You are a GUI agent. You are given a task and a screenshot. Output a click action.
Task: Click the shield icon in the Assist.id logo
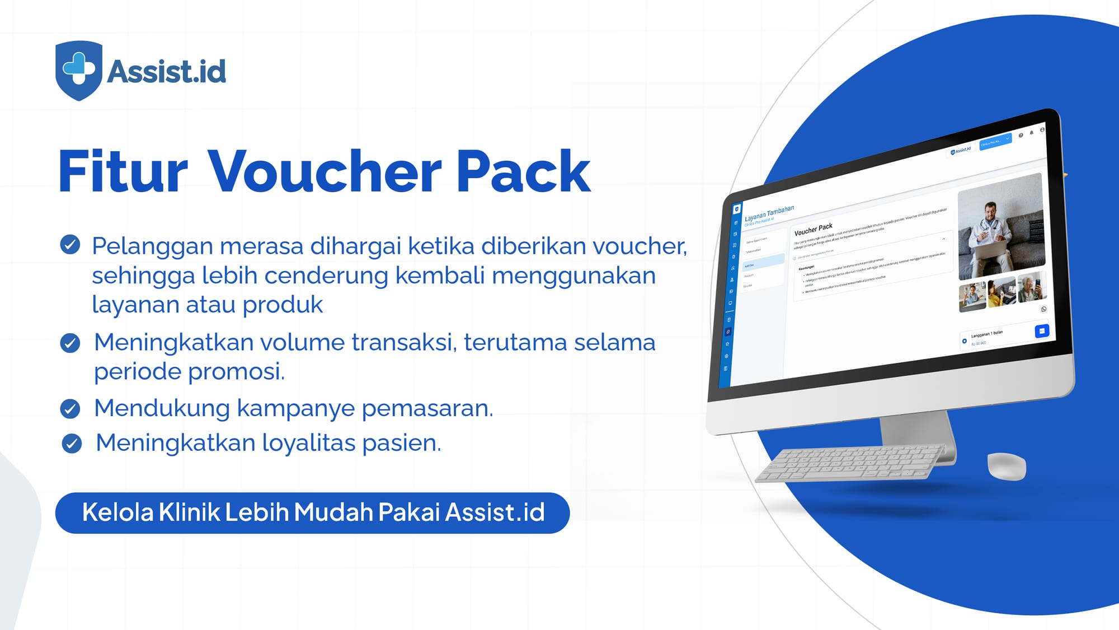click(x=79, y=70)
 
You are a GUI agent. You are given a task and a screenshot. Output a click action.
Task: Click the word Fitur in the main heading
click(x=123, y=172)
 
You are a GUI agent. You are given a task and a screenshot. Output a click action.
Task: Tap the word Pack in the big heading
click(x=523, y=172)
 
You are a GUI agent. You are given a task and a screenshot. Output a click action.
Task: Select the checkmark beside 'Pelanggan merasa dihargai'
click(x=70, y=245)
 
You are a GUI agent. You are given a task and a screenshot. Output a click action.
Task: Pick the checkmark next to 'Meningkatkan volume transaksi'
click(x=70, y=343)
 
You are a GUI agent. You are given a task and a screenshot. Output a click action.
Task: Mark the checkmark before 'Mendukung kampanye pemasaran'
click(x=70, y=409)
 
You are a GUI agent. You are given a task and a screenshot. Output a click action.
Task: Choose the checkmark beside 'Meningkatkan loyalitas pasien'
click(x=72, y=444)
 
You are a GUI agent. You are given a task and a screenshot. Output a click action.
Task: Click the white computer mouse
click(x=1007, y=466)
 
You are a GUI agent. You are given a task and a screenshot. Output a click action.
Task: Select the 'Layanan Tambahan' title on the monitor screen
click(x=769, y=213)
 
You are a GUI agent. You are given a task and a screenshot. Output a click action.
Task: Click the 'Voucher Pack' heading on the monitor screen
click(x=814, y=229)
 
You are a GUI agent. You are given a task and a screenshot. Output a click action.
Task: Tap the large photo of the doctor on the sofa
click(x=1001, y=226)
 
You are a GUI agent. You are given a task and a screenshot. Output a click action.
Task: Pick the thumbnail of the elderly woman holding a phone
click(x=1031, y=287)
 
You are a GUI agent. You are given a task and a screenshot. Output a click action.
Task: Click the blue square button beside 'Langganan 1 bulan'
click(x=1042, y=331)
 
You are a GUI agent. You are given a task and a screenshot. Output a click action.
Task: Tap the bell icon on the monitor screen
click(x=1032, y=133)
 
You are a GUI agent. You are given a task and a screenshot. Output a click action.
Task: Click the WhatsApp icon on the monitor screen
click(x=1043, y=309)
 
